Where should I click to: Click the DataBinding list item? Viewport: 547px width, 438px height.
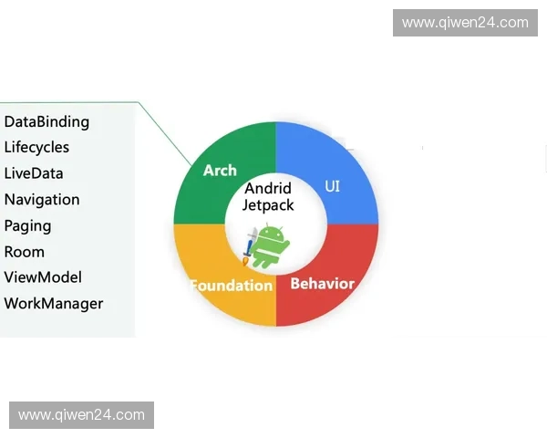(46, 121)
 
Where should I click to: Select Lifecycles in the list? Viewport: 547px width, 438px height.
(36, 147)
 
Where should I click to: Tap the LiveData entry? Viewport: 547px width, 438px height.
(34, 173)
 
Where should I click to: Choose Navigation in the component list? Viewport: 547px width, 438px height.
(42, 199)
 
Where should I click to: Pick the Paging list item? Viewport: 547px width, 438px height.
(27, 225)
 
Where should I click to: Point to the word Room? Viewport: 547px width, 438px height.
(25, 252)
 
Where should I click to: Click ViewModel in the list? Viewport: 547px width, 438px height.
(43, 277)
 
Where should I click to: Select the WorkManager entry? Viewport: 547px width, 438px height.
(54, 304)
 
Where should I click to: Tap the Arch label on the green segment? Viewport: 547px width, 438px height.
(220, 171)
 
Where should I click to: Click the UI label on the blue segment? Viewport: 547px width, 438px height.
(333, 186)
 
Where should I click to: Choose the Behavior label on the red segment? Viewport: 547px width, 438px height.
(322, 283)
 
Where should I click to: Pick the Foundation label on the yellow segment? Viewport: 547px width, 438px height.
(232, 286)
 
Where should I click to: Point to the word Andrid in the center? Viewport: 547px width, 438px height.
(268, 189)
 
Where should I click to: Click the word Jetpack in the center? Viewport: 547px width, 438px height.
(268, 205)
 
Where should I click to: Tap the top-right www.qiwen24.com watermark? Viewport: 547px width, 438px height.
(465, 23)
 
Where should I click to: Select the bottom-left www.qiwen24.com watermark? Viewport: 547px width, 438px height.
(82, 415)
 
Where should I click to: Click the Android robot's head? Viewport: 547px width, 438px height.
(272, 233)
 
